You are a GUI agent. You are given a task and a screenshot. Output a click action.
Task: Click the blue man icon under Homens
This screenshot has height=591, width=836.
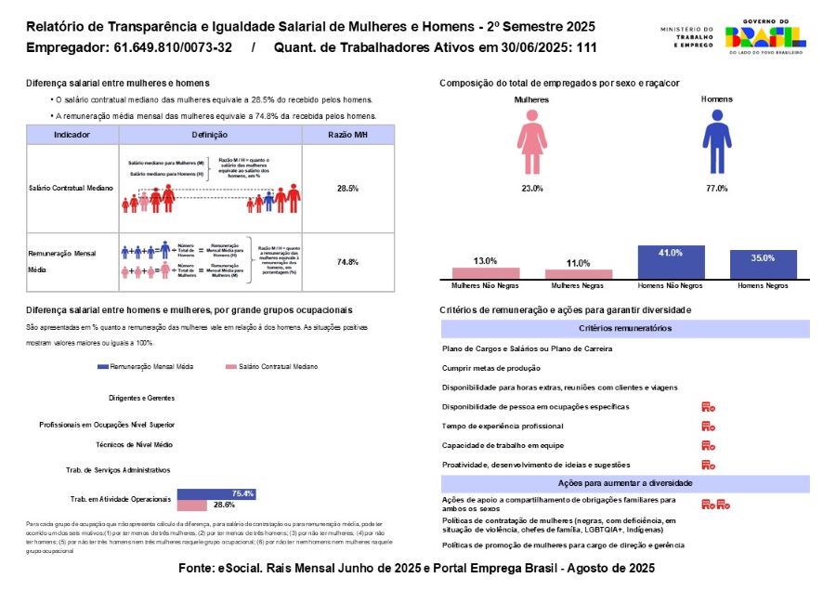pyautogui.click(x=716, y=141)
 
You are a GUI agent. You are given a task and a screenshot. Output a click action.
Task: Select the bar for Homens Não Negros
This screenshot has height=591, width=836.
pyautogui.click(x=671, y=262)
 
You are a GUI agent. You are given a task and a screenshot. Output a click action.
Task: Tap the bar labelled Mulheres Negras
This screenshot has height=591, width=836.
pyautogui.click(x=579, y=273)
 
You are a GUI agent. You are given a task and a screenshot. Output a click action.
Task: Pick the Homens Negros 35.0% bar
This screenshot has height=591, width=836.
pyautogui.click(x=763, y=264)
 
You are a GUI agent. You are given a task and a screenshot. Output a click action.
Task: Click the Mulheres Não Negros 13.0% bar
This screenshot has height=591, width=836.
pyautogui.click(x=486, y=272)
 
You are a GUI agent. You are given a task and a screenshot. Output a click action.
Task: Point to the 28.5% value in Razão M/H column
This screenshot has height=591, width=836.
pyautogui.click(x=348, y=189)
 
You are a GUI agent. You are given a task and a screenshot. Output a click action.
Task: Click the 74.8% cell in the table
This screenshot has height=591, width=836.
pyautogui.click(x=348, y=262)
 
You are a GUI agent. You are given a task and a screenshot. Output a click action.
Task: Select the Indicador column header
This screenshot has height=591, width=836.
pyautogui.click(x=72, y=135)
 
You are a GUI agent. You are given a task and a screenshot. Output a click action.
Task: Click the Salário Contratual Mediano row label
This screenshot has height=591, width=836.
pyautogui.click(x=72, y=189)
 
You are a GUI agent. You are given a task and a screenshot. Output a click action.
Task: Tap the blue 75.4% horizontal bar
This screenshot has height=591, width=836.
pyautogui.click(x=216, y=493)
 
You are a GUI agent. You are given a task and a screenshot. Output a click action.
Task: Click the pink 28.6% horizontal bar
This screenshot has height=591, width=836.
pyautogui.click(x=192, y=505)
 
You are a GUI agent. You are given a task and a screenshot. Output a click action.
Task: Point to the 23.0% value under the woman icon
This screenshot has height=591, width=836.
pyautogui.click(x=531, y=189)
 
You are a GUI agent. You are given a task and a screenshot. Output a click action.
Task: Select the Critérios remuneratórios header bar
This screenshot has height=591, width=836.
pyautogui.click(x=625, y=328)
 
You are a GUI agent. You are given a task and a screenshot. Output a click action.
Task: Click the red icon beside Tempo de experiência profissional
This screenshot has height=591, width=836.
pyautogui.click(x=708, y=426)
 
